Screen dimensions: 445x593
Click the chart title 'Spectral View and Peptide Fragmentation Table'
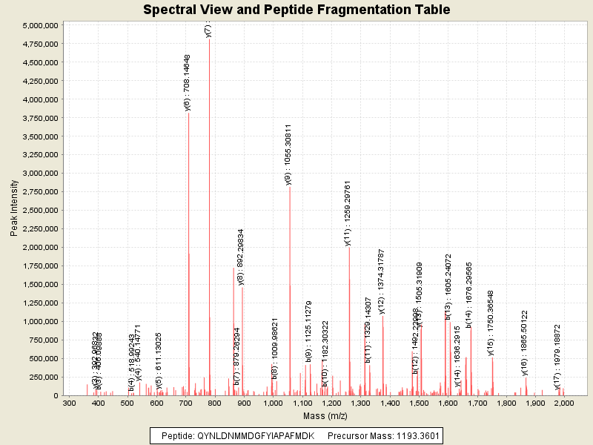(296, 10)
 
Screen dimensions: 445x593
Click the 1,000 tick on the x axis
(273, 403)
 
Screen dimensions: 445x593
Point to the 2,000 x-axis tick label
(564, 403)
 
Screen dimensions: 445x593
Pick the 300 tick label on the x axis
(69, 403)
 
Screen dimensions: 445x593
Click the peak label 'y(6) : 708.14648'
(188, 82)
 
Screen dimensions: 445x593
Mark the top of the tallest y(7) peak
(210, 39)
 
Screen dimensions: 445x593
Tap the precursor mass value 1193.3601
(414, 436)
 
